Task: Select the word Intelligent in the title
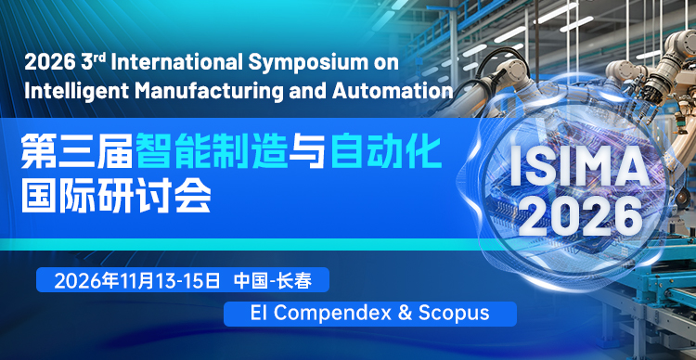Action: (x=75, y=92)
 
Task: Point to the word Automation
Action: (x=393, y=91)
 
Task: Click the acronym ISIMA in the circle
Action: (x=579, y=169)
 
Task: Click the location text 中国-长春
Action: (x=274, y=281)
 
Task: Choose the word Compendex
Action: (x=332, y=313)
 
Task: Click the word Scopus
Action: (x=454, y=313)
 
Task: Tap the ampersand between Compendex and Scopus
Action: (x=405, y=313)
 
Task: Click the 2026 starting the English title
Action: (x=49, y=63)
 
